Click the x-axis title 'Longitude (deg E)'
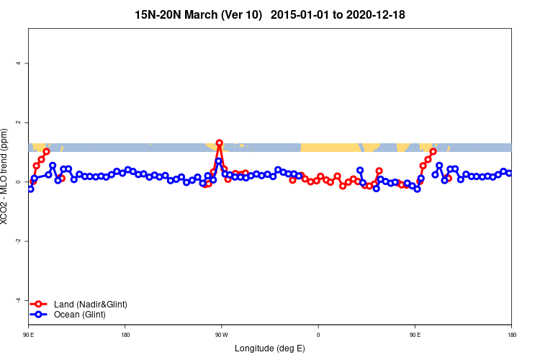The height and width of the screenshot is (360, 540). pyautogui.click(x=269, y=348)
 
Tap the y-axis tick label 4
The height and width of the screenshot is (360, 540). pyautogui.click(x=19, y=63)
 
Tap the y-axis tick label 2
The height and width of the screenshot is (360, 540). pyautogui.click(x=19, y=122)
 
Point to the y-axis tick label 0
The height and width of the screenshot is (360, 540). pyautogui.click(x=19, y=182)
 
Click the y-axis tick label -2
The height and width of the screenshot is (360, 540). pyautogui.click(x=19, y=241)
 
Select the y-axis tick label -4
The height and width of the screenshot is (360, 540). pyautogui.click(x=19, y=300)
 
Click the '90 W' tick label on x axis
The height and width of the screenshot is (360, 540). pyautogui.click(x=221, y=334)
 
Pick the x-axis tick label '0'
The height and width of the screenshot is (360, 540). pyautogui.click(x=318, y=334)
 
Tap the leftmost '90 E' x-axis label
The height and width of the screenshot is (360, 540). pyautogui.click(x=29, y=334)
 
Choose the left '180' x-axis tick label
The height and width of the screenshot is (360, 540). pyautogui.click(x=125, y=334)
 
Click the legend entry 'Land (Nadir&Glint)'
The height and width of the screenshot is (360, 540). pyautogui.click(x=90, y=305)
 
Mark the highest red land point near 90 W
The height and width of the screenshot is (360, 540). pyautogui.click(x=219, y=143)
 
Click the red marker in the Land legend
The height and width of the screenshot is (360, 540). pyautogui.click(x=40, y=305)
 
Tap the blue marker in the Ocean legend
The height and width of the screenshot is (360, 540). pyautogui.click(x=40, y=315)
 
